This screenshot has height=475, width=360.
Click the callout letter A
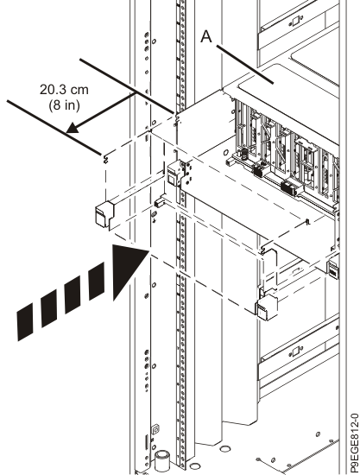click(x=206, y=36)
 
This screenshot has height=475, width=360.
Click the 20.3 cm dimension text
click(x=64, y=90)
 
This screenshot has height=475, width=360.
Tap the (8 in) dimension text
click(x=64, y=104)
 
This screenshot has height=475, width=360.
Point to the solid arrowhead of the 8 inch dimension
click(x=73, y=128)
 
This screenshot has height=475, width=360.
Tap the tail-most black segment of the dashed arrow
click(x=25, y=322)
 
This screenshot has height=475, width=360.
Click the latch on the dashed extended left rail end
click(x=104, y=213)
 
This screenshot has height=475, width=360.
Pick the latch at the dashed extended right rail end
click(x=267, y=307)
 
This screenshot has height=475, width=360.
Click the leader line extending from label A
click(x=245, y=64)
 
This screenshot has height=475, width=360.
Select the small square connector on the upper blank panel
click(x=294, y=22)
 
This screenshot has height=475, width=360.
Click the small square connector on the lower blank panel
click(x=295, y=351)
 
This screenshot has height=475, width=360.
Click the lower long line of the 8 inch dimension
click(x=54, y=128)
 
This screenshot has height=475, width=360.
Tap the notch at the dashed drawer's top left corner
click(x=105, y=158)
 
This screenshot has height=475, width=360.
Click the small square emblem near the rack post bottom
click(x=155, y=429)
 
